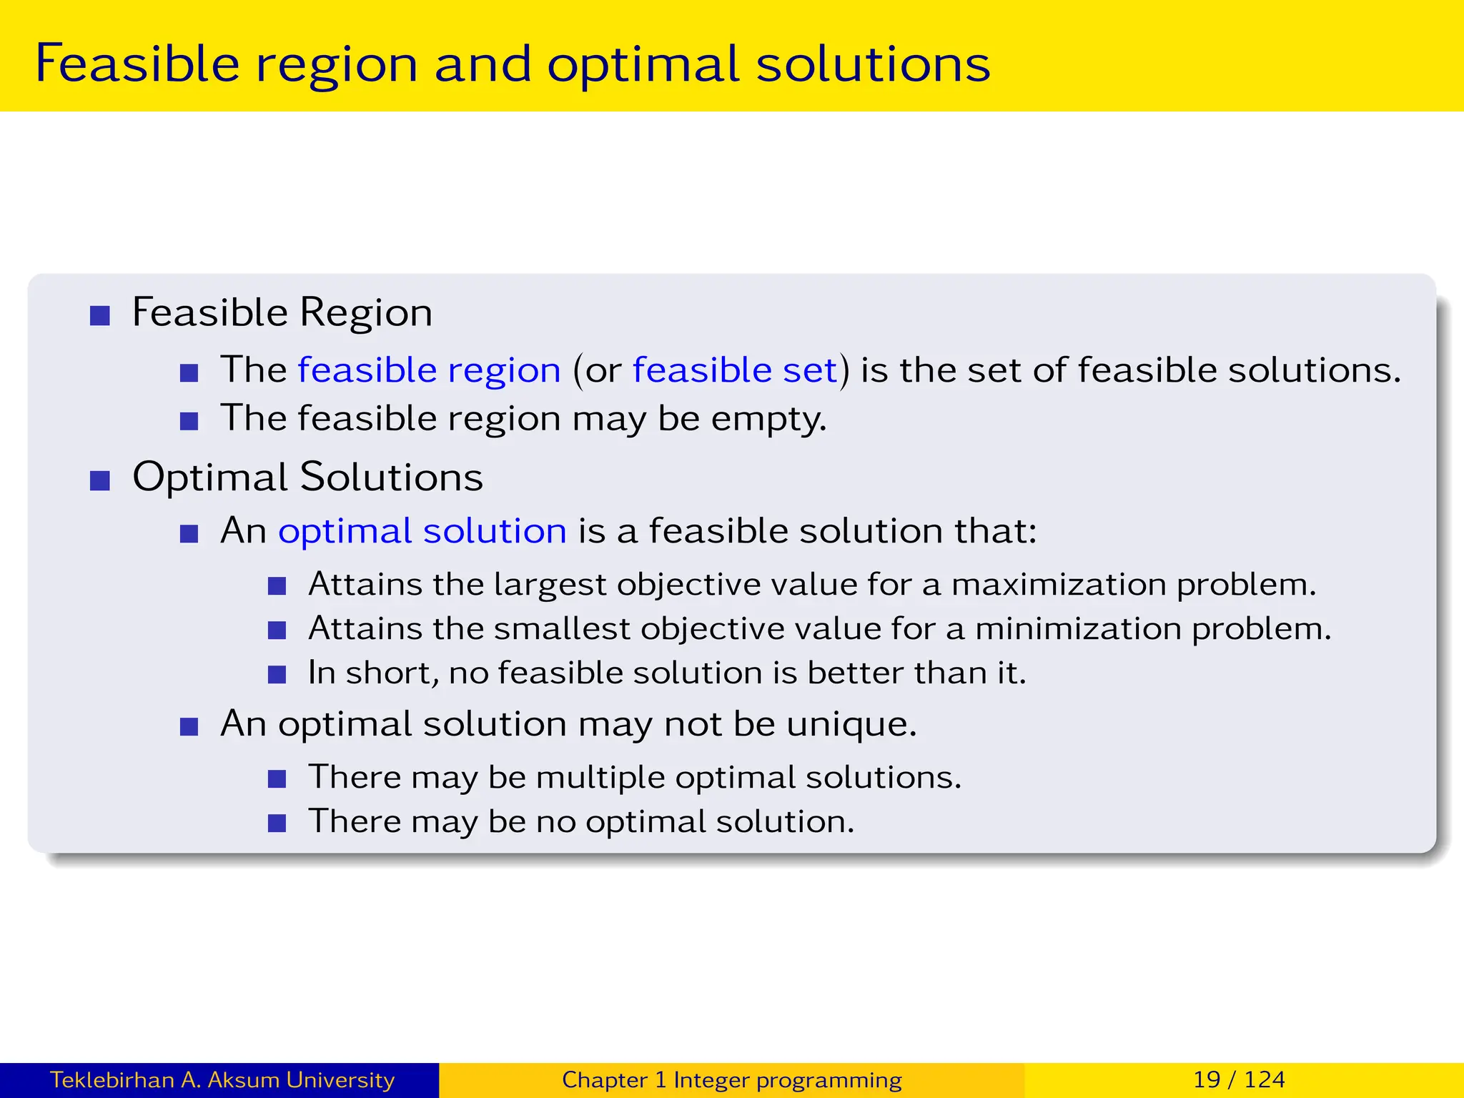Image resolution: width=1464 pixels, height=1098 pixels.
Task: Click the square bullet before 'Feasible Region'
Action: click(x=100, y=316)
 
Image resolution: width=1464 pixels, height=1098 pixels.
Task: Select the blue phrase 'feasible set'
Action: click(x=734, y=370)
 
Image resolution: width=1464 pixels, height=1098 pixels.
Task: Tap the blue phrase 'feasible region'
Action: click(x=429, y=370)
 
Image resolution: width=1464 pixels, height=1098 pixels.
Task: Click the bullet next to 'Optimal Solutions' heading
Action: click(x=100, y=480)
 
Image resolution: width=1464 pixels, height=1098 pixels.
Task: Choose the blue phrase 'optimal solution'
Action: click(x=422, y=531)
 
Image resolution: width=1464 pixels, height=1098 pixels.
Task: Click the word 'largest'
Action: click(x=550, y=585)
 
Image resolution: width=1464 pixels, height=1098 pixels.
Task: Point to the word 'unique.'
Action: click(x=851, y=724)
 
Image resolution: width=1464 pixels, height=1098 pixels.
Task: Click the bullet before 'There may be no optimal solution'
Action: click(x=277, y=823)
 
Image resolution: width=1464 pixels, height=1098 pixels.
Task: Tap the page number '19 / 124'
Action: click(x=1239, y=1079)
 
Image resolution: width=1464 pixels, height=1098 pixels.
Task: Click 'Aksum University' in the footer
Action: click(x=301, y=1079)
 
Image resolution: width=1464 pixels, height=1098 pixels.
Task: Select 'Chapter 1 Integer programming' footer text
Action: click(x=731, y=1079)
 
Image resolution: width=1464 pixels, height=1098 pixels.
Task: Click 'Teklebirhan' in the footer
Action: click(x=112, y=1079)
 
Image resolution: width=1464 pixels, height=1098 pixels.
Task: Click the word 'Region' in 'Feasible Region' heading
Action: click(x=365, y=313)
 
